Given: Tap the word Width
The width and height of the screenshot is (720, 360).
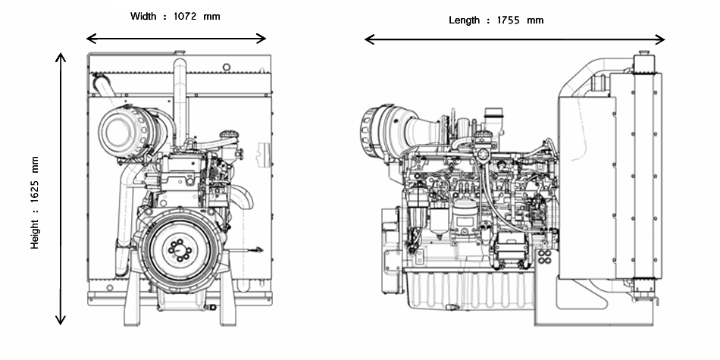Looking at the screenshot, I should pyautogui.click(x=143, y=16).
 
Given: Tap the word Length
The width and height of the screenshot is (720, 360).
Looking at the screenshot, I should pyautogui.click(x=464, y=20).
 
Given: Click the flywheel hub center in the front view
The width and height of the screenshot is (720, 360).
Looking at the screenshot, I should pyautogui.click(x=177, y=249).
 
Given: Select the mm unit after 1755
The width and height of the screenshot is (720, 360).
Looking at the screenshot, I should pyautogui.click(x=535, y=20).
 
